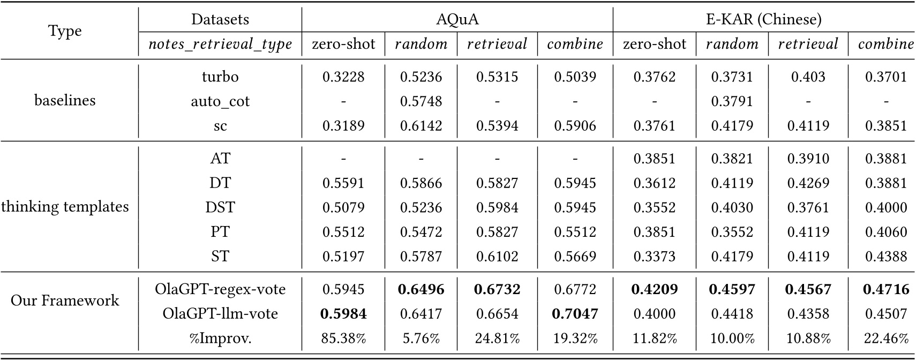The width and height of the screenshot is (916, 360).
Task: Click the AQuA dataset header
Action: (457, 20)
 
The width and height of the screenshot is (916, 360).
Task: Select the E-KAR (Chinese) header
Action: (763, 20)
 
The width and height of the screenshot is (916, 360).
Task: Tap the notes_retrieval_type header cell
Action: (220, 44)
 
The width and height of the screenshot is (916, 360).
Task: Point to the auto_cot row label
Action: (220, 101)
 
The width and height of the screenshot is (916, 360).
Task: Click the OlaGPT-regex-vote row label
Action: (220, 289)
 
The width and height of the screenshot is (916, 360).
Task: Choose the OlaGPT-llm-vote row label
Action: (220, 313)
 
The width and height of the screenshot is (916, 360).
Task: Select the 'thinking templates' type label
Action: (65, 207)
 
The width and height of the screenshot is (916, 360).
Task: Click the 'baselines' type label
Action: (65, 100)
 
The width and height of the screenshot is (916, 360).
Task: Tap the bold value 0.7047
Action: (575, 313)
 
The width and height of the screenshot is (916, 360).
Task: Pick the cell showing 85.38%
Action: (343, 338)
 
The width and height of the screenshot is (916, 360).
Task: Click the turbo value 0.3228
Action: (343, 77)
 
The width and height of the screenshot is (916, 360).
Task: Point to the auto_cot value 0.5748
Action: (421, 101)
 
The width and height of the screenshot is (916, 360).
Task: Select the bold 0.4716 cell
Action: (885, 289)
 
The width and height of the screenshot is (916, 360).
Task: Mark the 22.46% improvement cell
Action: (885, 338)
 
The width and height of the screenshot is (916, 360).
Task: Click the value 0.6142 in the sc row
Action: (421, 126)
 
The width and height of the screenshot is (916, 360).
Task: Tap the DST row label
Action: (220, 207)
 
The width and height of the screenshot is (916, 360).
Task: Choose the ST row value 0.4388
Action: (885, 256)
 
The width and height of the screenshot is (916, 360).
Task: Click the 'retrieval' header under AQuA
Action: (497, 44)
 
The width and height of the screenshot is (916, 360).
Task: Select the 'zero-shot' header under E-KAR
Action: (654, 44)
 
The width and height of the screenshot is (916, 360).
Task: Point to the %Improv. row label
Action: (220, 338)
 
